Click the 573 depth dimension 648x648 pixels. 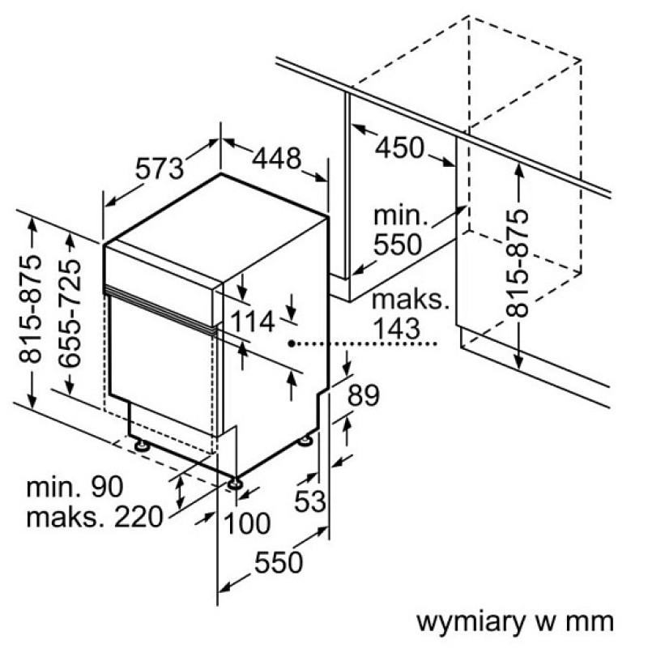click(160, 168)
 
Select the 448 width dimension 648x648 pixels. click(276, 159)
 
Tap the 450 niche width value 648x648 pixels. click(399, 147)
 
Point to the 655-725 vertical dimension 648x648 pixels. click(70, 313)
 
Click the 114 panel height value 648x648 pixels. click(252, 322)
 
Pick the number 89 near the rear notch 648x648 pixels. click(363, 395)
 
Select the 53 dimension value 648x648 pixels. click(310, 501)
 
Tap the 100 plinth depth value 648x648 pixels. click(247, 523)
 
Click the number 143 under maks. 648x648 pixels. click(396, 329)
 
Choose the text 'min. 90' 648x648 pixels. click(75, 487)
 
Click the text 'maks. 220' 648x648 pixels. click(95, 517)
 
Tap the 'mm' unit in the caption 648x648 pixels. click(590, 622)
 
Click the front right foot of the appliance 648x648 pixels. click(235, 483)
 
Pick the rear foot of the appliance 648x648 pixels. click(306, 440)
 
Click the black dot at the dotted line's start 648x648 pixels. click(292, 343)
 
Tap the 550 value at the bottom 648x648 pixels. click(279, 562)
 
